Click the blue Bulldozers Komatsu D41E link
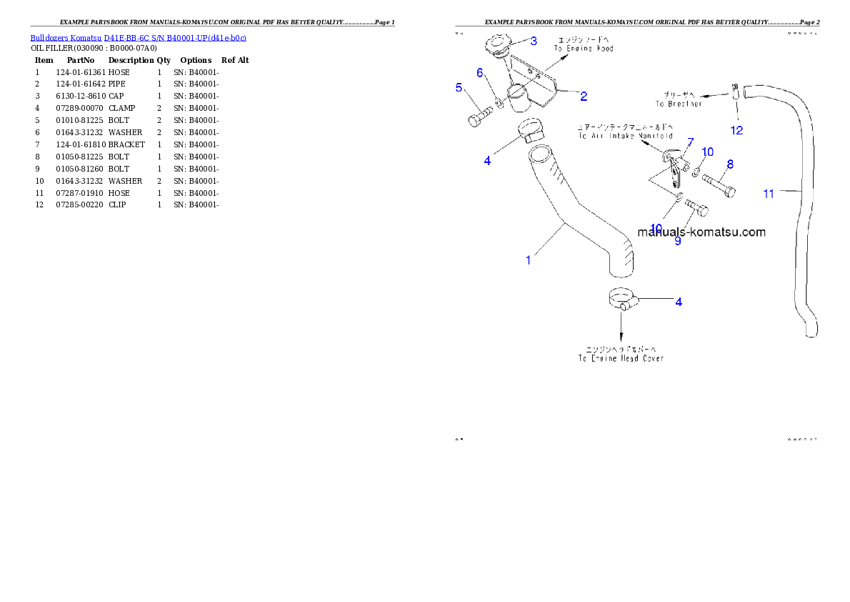pos(138,38)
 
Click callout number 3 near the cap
pos(534,41)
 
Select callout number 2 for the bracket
pos(584,96)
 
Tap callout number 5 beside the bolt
pos(459,87)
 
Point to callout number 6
pos(480,73)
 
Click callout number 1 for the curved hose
pos(529,260)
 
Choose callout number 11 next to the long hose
pos(769,194)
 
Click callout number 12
pos(736,130)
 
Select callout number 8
pos(730,164)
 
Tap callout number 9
pos(678,241)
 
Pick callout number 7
pos(690,142)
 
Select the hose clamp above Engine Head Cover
pos(622,298)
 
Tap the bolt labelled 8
pos(719,184)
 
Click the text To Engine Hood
pos(584,49)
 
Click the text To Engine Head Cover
pos(621,357)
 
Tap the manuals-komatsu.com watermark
pos(701,232)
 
